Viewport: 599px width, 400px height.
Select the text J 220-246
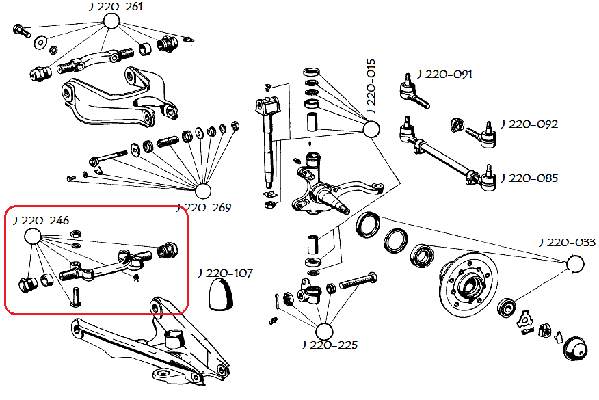click(40, 220)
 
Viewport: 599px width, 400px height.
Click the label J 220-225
click(329, 345)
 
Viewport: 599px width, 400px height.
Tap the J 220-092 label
click(529, 124)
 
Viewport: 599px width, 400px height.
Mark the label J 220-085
click(529, 178)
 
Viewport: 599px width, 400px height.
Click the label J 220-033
click(567, 242)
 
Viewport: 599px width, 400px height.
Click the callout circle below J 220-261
click(112, 21)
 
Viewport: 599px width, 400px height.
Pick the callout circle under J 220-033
click(574, 263)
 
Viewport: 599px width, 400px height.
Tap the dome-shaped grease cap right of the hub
click(575, 348)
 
